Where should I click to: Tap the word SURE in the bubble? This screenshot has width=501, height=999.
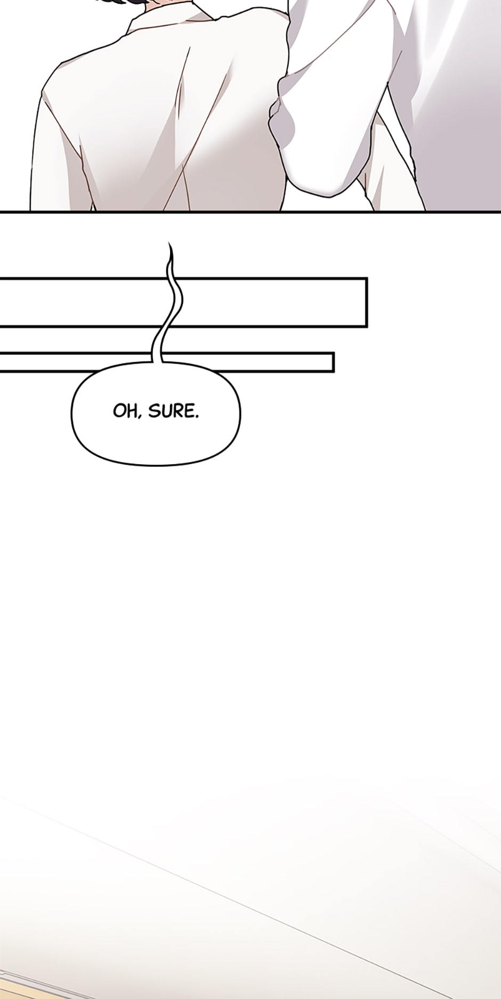coord(171,411)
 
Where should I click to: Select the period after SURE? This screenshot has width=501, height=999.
coord(197,416)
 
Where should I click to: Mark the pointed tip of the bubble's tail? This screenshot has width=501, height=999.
coord(169,243)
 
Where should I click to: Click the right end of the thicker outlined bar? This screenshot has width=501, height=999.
coord(367,302)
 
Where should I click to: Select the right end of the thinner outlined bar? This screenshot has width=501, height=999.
coord(333,361)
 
